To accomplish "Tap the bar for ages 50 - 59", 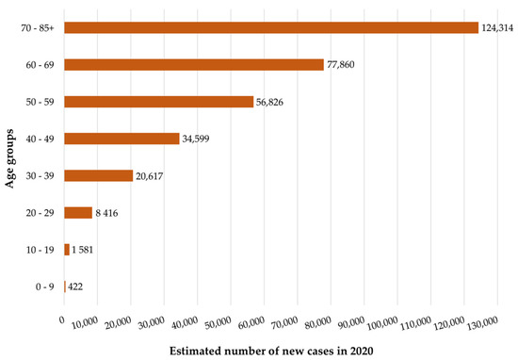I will tap(158, 101).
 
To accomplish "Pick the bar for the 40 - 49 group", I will tap(121, 139).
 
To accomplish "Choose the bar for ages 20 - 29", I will tap(78, 213).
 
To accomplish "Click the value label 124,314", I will tap(498, 27).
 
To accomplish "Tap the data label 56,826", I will tap(273, 102).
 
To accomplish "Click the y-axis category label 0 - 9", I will tap(43, 286).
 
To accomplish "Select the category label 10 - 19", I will tap(40, 250).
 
